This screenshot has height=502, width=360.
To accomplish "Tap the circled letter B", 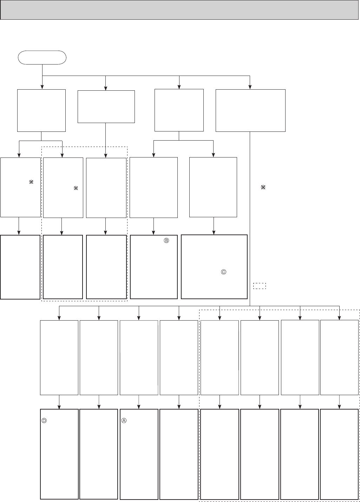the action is [166, 241].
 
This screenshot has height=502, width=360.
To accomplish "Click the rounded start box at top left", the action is [42, 57].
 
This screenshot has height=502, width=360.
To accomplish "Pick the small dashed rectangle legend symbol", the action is [260, 286].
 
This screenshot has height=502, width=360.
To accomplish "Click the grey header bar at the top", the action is [180, 9].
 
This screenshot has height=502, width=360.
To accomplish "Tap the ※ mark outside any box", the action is [262, 188].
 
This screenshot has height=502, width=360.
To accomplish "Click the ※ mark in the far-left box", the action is [31, 182].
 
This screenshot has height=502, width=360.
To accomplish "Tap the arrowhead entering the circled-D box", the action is [59, 407].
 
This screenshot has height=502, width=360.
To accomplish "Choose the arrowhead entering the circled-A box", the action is [139, 407].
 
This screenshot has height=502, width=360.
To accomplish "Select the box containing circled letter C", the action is [214, 267].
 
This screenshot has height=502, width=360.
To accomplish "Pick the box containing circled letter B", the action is [154, 267].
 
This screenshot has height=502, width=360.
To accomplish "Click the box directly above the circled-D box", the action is [59, 358].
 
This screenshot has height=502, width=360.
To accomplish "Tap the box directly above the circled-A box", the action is [139, 358].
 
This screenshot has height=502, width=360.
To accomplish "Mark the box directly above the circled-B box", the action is [154, 187].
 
